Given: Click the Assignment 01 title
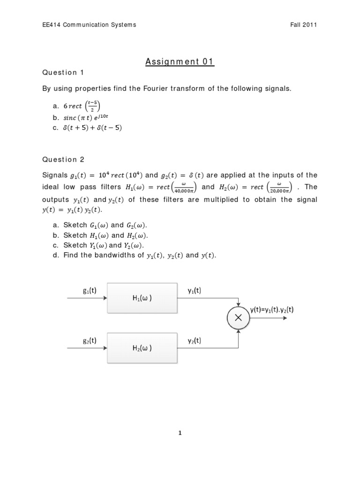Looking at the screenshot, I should [180, 62].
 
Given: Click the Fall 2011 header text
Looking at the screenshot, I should [304, 25].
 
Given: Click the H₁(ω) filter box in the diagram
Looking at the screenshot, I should [142, 298].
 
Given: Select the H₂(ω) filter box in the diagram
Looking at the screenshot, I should [142, 348].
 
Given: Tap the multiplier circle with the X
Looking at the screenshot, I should [239, 318].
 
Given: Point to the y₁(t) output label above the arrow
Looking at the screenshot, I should [194, 290].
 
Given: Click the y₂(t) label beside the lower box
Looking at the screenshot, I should [194, 341].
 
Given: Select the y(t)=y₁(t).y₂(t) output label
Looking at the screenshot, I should [272, 310].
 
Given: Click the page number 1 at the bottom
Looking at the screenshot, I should [180, 433].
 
